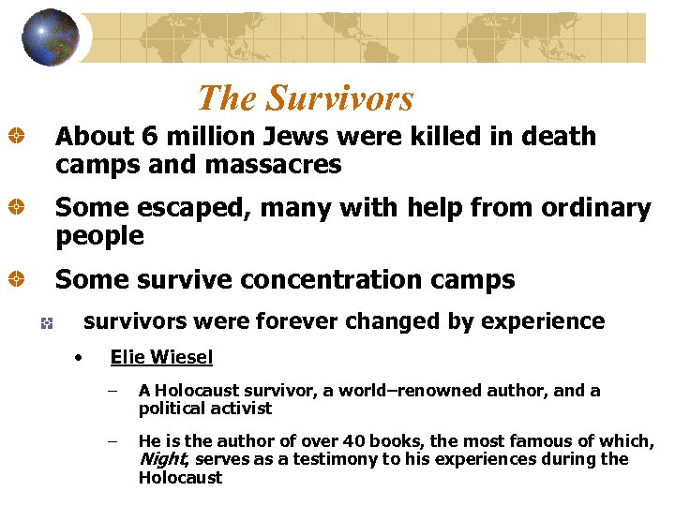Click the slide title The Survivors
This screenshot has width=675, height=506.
(x=306, y=97)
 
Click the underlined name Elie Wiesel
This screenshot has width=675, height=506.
(x=161, y=357)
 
